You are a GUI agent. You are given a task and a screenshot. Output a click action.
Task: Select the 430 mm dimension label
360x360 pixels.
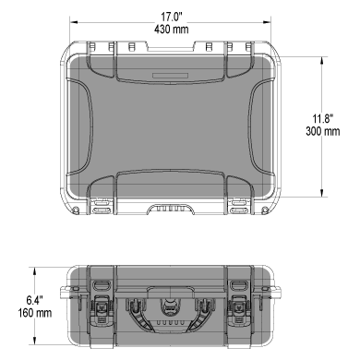(172, 30)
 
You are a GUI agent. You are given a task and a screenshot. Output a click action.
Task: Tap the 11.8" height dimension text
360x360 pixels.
(323, 118)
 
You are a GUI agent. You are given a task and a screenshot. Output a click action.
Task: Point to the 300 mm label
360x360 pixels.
(323, 131)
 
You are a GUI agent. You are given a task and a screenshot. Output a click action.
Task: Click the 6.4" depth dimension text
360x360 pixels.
(34, 300)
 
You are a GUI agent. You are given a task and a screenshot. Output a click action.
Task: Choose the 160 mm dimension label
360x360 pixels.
(35, 313)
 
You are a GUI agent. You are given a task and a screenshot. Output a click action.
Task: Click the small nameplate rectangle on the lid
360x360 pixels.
(170, 76)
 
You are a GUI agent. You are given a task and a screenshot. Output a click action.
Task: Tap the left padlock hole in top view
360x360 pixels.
(75, 210)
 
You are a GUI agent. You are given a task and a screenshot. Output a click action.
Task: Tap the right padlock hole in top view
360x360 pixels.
(265, 210)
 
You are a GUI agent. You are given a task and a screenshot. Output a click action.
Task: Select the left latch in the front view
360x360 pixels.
(102, 309)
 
